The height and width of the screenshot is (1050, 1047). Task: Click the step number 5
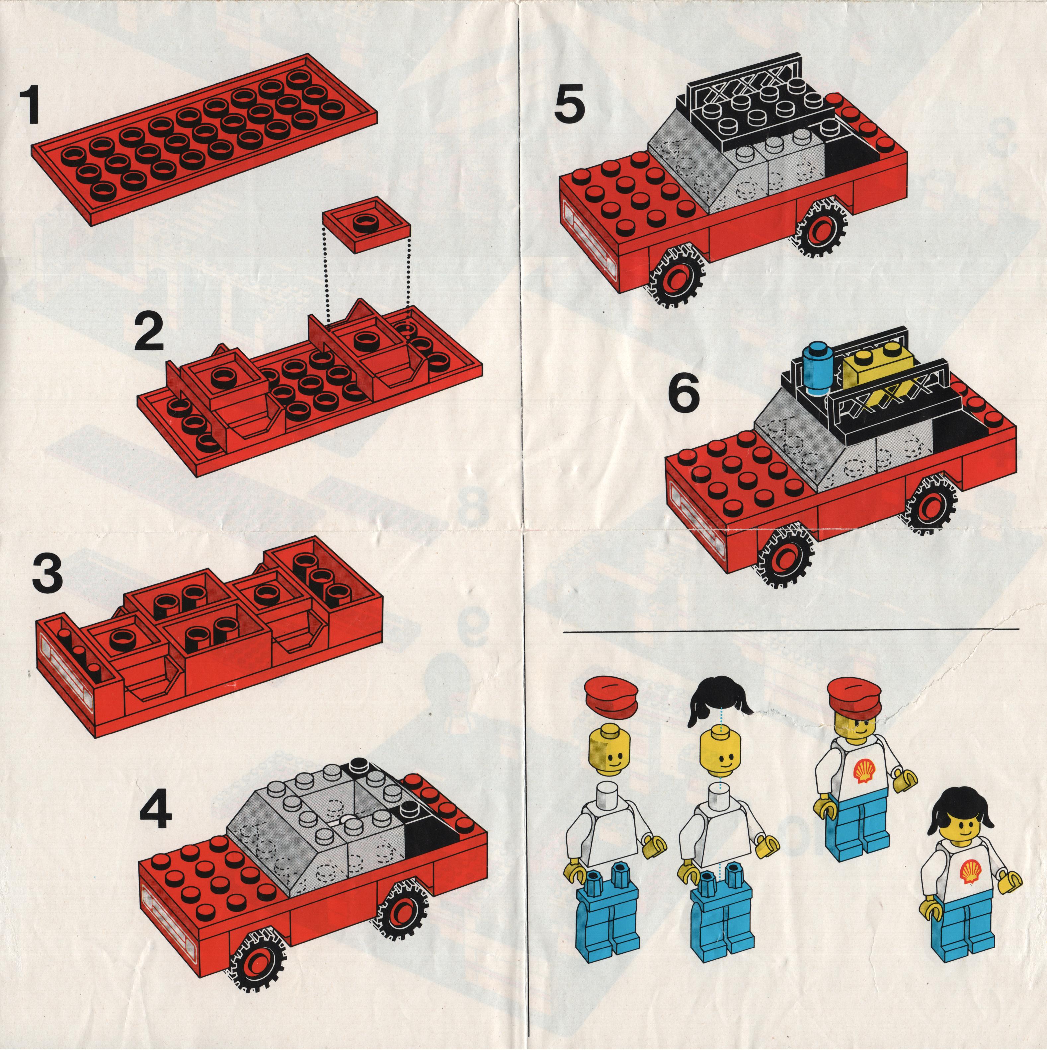pos(571,109)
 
